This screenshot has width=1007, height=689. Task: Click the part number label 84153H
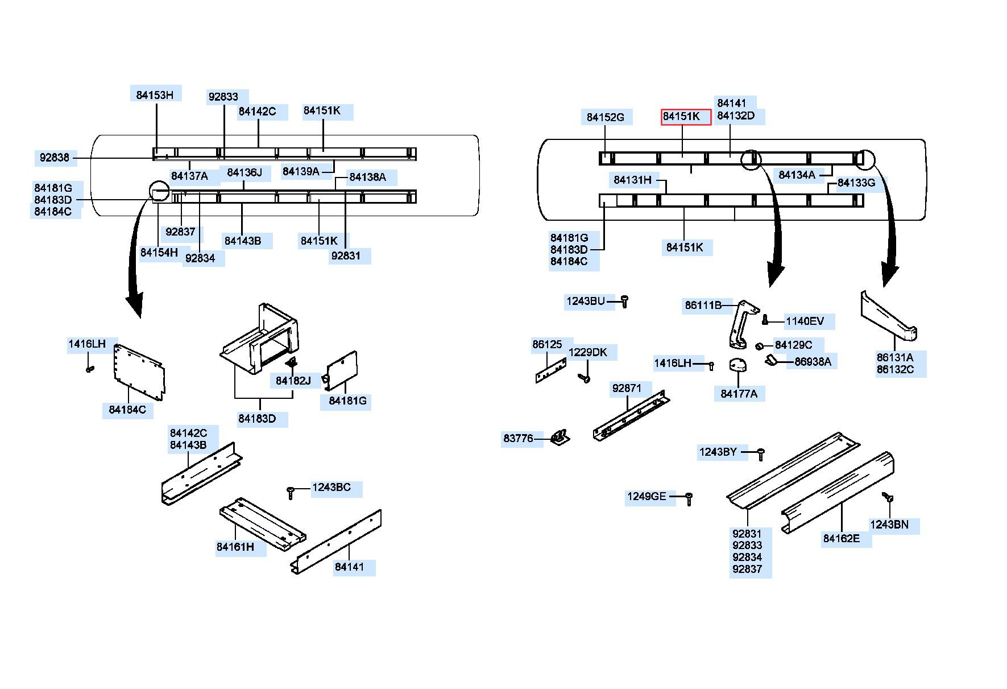(x=155, y=95)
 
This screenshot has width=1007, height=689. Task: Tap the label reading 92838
(x=55, y=158)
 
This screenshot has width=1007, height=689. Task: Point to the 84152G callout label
(x=606, y=118)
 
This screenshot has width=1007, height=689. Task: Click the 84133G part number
(x=856, y=183)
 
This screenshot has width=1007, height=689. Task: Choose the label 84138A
(x=367, y=177)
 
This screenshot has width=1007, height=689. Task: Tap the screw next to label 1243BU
(x=624, y=301)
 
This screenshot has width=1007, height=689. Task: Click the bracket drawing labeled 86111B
(x=743, y=324)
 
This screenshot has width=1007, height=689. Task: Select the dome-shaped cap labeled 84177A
(x=737, y=365)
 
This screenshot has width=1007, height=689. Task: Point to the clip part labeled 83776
(x=560, y=437)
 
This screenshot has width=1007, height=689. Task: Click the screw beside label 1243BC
(x=291, y=493)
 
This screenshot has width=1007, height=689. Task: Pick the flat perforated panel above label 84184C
(x=139, y=372)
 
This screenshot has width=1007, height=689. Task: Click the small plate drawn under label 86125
(x=550, y=370)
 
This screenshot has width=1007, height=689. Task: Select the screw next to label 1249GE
(x=689, y=499)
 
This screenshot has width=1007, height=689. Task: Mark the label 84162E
(x=842, y=538)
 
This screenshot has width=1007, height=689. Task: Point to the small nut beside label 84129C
(x=759, y=346)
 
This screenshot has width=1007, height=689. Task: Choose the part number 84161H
(x=235, y=547)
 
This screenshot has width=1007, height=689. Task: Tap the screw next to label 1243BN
(x=887, y=498)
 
